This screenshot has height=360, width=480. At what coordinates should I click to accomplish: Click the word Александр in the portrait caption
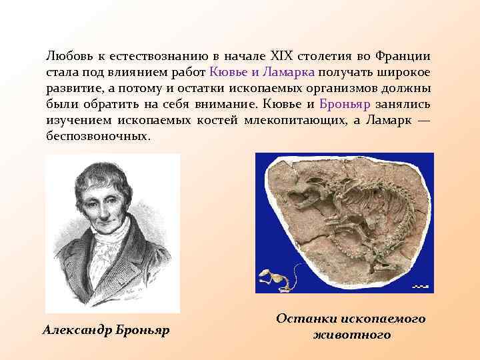click(74, 330)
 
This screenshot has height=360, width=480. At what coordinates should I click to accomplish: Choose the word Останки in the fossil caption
click(307, 319)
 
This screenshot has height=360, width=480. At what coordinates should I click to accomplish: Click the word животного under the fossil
click(351, 335)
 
